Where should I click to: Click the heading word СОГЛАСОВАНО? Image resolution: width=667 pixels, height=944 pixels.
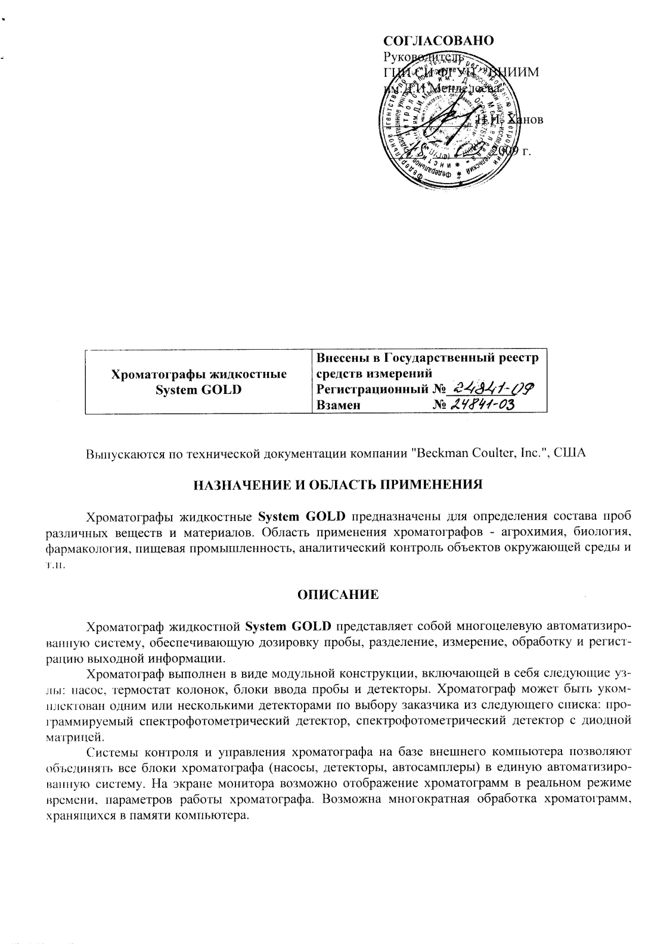click(438, 41)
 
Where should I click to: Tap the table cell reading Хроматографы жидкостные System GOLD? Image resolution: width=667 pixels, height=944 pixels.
click(199, 382)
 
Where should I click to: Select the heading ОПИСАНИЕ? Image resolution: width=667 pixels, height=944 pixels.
click(337, 594)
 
